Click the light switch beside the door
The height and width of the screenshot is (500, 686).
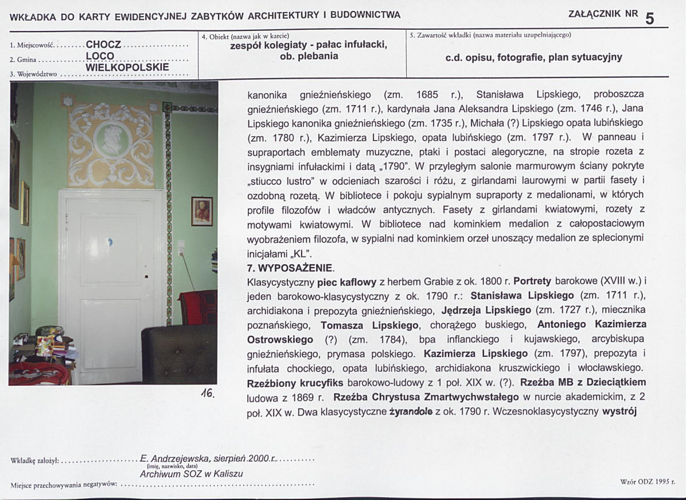(x=181, y=247)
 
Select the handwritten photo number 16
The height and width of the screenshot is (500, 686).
(x=207, y=393)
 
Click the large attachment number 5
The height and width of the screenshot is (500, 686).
(x=649, y=18)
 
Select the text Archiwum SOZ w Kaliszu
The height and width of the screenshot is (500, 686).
(x=191, y=474)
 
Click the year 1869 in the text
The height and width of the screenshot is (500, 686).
(x=312, y=397)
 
